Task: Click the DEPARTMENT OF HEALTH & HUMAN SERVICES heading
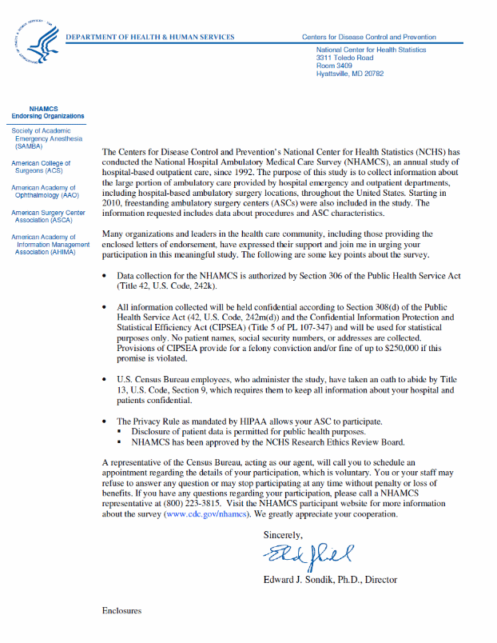[x=149, y=37]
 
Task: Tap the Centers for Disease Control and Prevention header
[x=368, y=37]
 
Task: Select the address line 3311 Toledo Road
[x=344, y=58]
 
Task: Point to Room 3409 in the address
[x=334, y=66]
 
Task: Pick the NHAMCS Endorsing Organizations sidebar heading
[x=47, y=112]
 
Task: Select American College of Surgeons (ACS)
[x=41, y=166]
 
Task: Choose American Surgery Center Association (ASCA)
[x=47, y=217]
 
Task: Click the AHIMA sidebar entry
[x=46, y=244]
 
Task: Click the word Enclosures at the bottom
[x=121, y=610]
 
